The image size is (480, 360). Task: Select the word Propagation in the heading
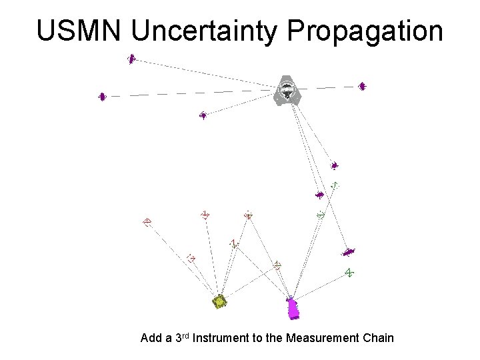tap(365, 31)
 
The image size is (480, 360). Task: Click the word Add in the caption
tap(151, 338)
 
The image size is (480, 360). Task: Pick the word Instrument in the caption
tap(220, 338)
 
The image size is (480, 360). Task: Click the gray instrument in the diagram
tap(287, 91)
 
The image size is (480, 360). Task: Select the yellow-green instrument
tap(219, 302)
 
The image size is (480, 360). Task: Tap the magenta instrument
tap(292, 308)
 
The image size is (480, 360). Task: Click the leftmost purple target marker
tap(102, 97)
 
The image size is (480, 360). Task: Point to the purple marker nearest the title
tap(131, 59)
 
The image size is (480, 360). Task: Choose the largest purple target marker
tap(349, 252)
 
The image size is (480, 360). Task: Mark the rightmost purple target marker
tap(362, 86)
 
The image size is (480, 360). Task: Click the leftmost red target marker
tap(147, 221)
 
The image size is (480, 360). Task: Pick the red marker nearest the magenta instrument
tap(278, 265)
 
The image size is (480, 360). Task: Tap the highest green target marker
tap(335, 185)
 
